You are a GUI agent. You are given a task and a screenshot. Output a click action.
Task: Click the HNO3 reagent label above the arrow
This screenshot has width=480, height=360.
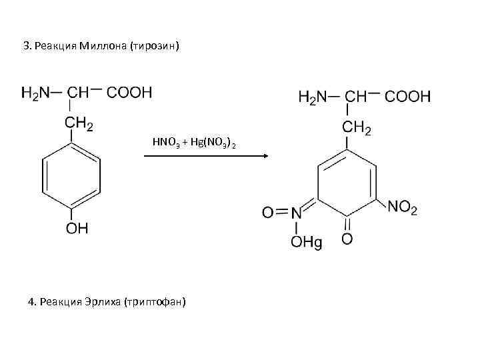coord(164,143)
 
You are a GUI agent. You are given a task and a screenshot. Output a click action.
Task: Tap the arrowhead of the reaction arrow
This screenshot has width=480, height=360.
coord(264,156)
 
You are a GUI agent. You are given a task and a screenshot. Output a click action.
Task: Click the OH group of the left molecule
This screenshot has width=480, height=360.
coord(76,229)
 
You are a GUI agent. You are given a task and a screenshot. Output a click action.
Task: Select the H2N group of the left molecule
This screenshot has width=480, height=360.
coord(37,92)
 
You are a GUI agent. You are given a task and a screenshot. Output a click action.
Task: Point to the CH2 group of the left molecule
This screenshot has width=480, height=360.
coord(78,122)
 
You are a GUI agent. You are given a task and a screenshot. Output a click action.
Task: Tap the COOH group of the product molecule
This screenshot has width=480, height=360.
coord(408,97)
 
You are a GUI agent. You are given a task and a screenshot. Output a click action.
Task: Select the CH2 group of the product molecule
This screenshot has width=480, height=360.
coord(357,127)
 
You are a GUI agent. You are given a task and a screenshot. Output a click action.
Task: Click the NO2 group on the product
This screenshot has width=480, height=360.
coord(402,208)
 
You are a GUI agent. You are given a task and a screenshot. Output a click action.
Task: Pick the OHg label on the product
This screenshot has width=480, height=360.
coord(306,243)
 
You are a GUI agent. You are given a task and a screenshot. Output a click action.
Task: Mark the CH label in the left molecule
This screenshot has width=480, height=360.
coord(79,92)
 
